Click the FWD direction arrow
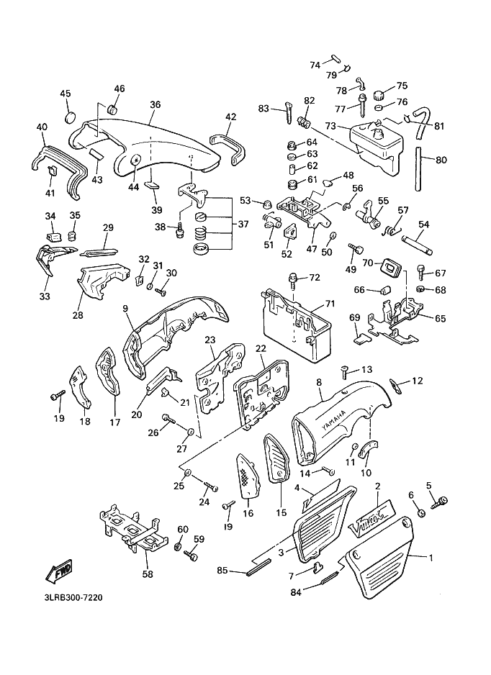(x=58, y=570)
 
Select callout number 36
(x=155, y=104)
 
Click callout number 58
(x=148, y=574)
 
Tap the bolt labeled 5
(x=441, y=502)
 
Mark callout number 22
(x=261, y=349)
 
